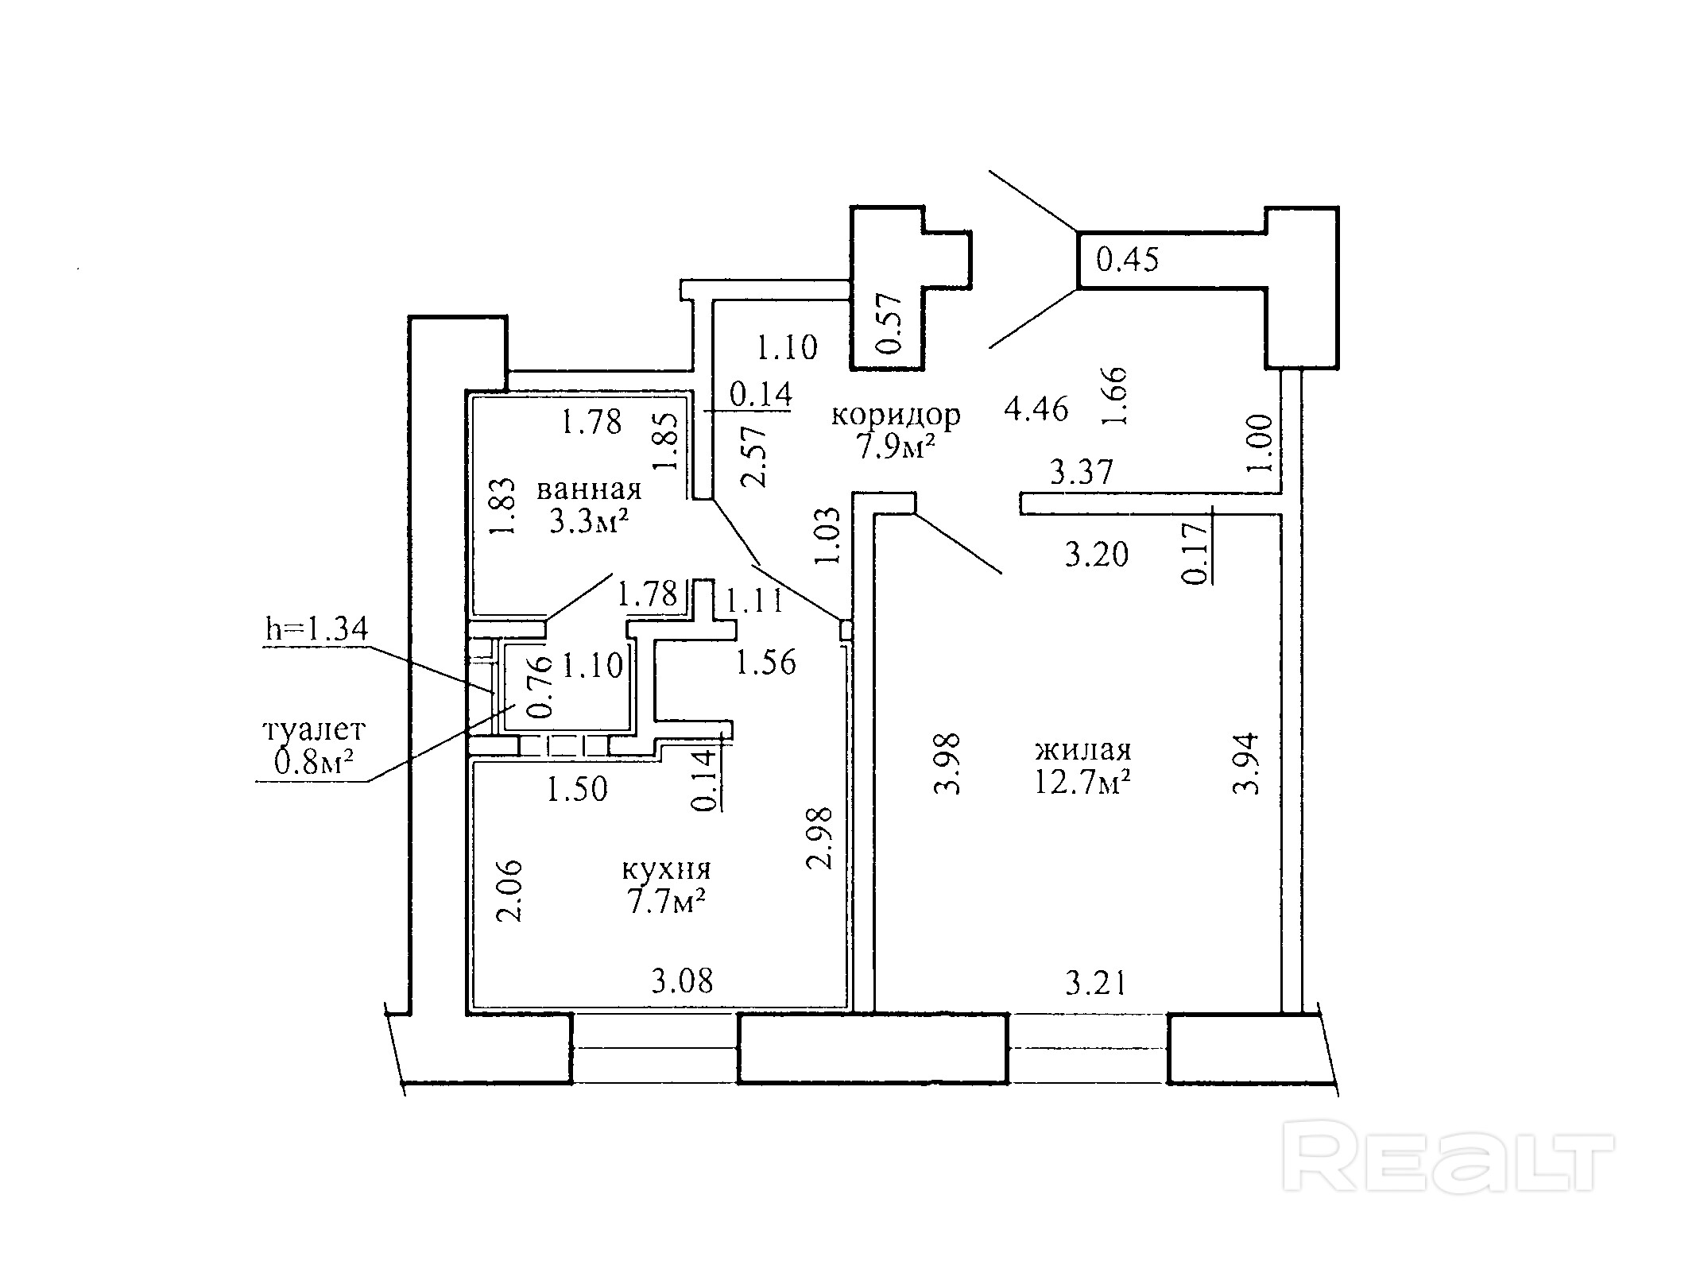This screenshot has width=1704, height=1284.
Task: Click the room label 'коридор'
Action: coord(896,415)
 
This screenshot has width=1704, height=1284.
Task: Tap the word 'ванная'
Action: coord(589,489)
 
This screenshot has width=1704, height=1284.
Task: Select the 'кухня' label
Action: coord(666,870)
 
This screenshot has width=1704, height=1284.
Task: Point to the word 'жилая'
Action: coord(1082,749)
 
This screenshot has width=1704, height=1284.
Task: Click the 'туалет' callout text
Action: coord(314,729)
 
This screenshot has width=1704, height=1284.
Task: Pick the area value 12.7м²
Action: coord(1082,782)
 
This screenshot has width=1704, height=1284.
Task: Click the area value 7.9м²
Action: coord(895,447)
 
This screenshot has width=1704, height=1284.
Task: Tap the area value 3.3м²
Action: coord(589,521)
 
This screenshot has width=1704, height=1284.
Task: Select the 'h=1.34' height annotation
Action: coord(316,629)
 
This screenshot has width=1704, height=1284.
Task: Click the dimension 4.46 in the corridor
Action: coord(1036,409)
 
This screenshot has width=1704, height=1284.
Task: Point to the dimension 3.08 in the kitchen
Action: coord(682,981)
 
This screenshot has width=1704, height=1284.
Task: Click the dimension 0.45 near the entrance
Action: coord(1127,259)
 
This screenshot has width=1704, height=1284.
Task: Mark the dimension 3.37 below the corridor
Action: coord(1082,473)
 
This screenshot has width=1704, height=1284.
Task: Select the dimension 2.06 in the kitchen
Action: coord(509,890)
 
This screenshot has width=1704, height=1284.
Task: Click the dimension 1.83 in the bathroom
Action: coord(502,506)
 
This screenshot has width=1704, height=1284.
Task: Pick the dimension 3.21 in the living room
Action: coord(1096,984)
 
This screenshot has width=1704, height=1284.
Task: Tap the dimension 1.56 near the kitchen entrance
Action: coord(765,663)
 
